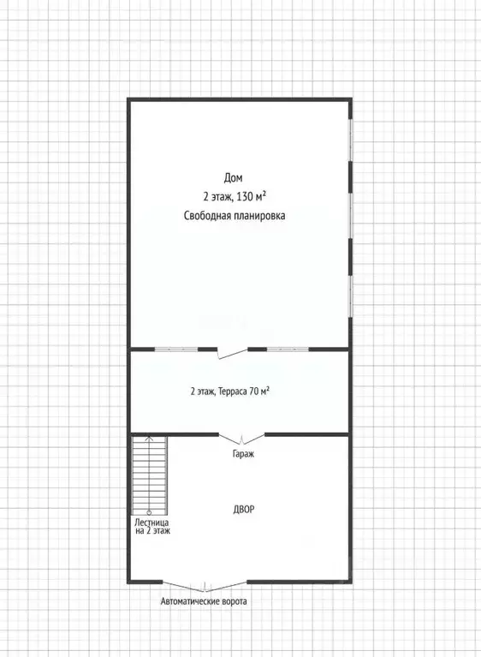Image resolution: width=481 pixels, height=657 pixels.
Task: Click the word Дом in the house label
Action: [x=233, y=178]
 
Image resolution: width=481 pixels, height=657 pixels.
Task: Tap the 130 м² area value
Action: [x=252, y=196]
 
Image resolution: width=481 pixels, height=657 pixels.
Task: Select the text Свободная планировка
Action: [x=235, y=216]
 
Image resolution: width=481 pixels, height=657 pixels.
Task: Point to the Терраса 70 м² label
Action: [x=244, y=391]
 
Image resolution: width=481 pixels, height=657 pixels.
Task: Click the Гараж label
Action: [x=243, y=454]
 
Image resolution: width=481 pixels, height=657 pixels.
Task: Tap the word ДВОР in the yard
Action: [x=244, y=510]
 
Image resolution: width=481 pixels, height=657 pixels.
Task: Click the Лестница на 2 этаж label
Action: [x=152, y=527]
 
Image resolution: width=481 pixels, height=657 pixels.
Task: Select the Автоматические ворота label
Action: [x=204, y=601]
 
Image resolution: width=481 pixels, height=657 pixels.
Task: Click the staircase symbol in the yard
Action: [x=150, y=475]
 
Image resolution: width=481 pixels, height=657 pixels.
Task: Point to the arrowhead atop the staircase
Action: [x=149, y=439]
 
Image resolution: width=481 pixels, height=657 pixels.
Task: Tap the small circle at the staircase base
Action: [x=149, y=512]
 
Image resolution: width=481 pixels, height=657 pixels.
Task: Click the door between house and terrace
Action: [x=232, y=353]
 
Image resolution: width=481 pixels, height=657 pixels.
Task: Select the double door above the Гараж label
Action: [x=242, y=439]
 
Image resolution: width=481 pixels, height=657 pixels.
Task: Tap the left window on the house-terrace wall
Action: [x=176, y=349]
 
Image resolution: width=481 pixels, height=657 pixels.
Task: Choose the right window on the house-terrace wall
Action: [x=288, y=349]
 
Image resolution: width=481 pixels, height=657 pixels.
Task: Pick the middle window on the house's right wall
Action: [x=351, y=215]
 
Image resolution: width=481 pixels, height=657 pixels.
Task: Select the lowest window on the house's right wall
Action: [x=351, y=296]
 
